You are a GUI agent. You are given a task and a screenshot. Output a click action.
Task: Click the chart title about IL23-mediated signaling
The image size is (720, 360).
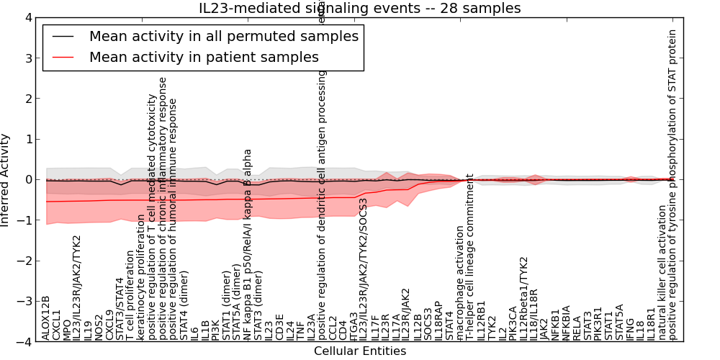tap(359, 8)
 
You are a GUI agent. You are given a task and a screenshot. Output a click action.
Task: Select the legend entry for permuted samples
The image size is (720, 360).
tap(223, 36)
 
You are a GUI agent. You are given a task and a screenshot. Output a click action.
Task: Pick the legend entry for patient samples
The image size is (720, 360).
tap(204, 57)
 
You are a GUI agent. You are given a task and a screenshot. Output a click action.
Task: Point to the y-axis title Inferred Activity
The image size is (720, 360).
tap(6, 180)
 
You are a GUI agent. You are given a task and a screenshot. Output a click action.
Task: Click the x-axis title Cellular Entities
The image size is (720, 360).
tap(359, 351)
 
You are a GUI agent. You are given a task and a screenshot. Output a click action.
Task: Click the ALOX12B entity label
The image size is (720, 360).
tap(46, 318)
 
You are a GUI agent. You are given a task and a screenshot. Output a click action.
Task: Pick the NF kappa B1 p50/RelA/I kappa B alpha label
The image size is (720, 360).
tap(248, 245)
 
